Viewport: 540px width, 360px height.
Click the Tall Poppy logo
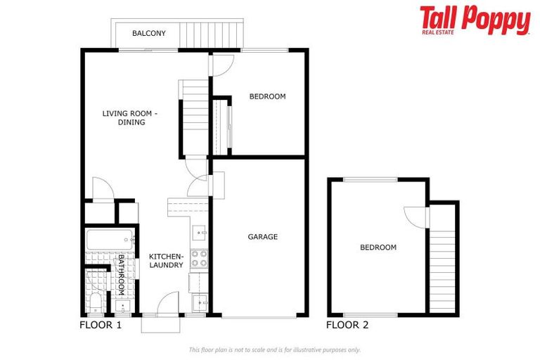pos(475,20)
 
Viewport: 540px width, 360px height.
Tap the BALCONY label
pos(149,33)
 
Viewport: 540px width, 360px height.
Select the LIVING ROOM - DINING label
pos(131,117)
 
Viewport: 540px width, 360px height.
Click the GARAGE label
pos(262,237)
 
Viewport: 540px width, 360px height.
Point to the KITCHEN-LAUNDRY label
pos(167,260)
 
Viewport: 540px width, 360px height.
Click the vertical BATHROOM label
pos(121,277)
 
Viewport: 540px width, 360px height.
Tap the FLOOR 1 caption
pos(101,326)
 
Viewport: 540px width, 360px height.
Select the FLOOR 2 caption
pos(347,326)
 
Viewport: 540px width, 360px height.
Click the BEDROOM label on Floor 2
pos(378,247)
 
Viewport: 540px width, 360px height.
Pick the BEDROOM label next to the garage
pos(267,96)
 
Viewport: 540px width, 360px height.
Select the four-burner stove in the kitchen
pos(199,259)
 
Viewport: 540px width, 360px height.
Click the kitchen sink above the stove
pos(200,231)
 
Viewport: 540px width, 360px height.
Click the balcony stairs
pos(212,33)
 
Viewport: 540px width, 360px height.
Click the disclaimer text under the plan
pos(274,349)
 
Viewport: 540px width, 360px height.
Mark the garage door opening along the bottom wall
pos(259,316)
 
